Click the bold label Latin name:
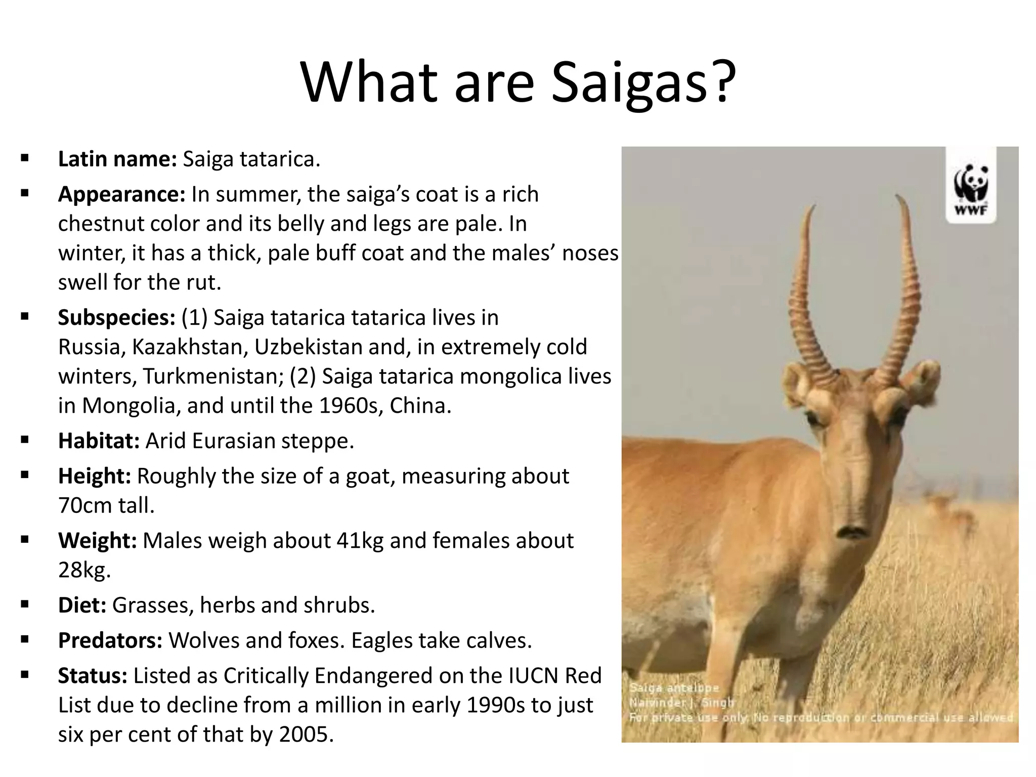tap(117, 159)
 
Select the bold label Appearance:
tap(122, 195)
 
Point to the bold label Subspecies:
tap(116, 318)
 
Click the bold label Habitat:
tap(99, 441)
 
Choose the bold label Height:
tap(95, 477)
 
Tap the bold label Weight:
tap(97, 541)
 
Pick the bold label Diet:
tap(82, 606)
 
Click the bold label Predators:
tap(110, 640)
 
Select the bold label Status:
tap(93, 676)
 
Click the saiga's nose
tap(851, 531)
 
